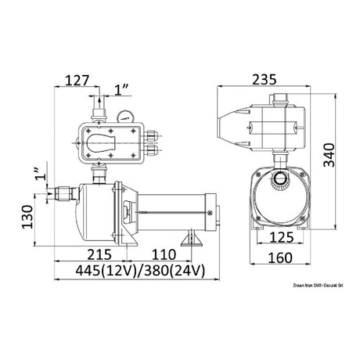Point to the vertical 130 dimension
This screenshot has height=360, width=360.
point(28,213)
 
